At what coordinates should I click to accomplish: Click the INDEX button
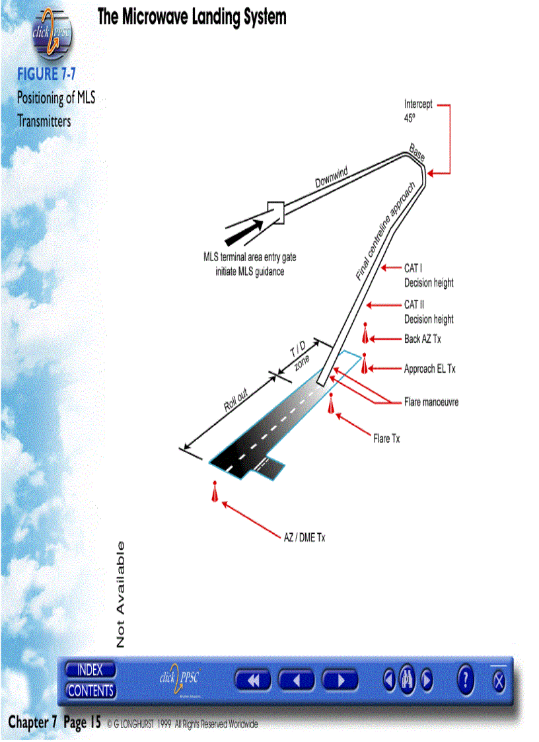coord(90,670)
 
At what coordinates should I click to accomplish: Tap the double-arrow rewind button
coord(253,680)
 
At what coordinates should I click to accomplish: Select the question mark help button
coord(466,680)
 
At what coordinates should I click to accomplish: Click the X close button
coord(499,681)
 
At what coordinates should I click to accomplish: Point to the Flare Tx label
coord(386,438)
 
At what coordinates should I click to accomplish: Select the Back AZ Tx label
coord(422,339)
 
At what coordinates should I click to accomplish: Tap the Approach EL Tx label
coord(429,369)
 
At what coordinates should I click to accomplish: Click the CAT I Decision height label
coord(429,276)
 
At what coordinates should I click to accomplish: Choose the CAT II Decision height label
coord(429,312)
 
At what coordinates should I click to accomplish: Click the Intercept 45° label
coord(418,110)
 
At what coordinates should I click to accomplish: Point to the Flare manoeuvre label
coord(431,402)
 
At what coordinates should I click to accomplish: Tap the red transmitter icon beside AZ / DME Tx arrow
coord(214,492)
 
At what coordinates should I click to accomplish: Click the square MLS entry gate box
coord(274,211)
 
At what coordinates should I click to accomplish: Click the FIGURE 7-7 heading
coord(47,74)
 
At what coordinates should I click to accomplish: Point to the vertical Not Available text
coord(120,594)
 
